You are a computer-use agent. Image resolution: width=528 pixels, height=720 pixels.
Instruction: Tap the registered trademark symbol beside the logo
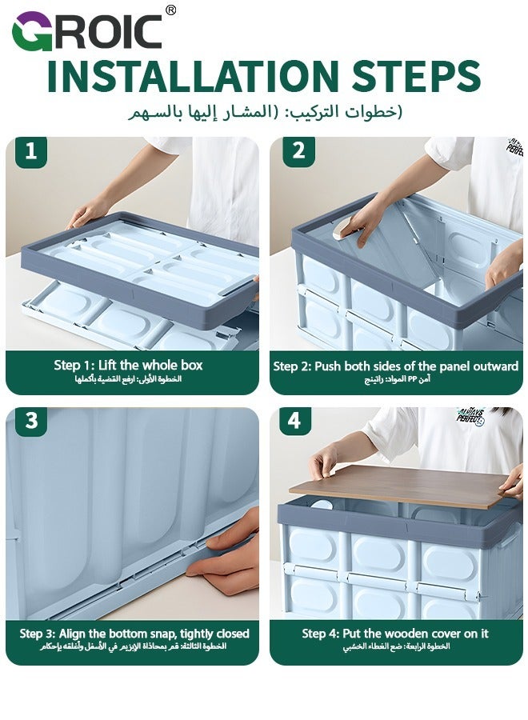coord(170,10)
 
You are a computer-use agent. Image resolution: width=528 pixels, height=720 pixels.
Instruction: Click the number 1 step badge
coord(30,151)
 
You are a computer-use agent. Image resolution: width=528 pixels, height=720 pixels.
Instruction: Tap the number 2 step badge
coord(298,151)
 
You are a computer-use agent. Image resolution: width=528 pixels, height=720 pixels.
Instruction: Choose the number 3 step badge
coord(30,421)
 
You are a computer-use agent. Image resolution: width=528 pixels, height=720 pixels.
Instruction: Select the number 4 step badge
coord(295,421)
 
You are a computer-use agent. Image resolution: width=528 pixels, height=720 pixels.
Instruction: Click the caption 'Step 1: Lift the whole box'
coord(128,365)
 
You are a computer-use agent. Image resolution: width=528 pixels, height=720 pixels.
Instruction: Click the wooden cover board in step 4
coord(400,484)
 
